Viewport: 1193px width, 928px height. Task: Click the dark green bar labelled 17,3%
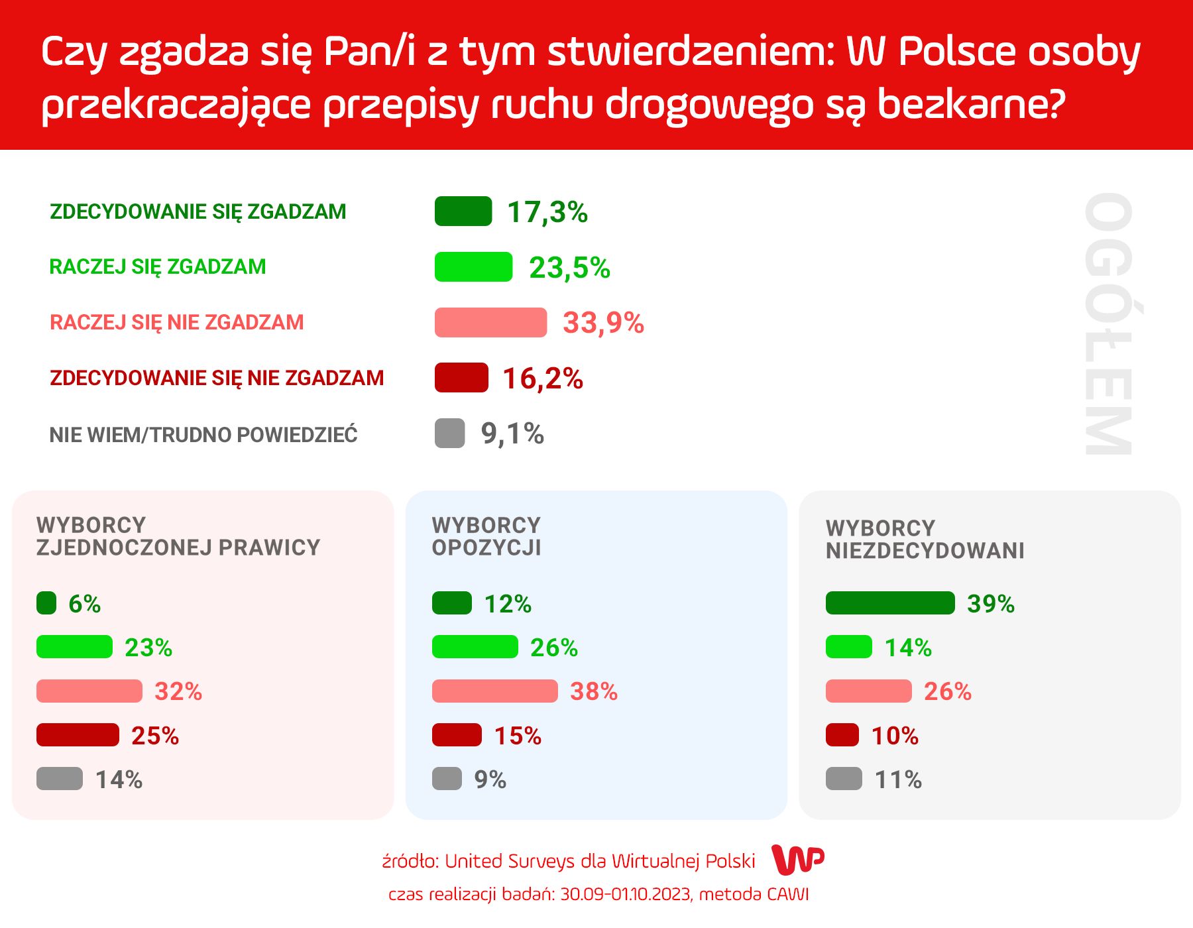(x=463, y=211)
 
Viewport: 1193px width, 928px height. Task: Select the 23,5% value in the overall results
(x=569, y=268)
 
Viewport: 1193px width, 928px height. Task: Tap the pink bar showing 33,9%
(x=490, y=323)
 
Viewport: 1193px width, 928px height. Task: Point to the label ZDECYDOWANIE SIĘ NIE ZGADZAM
(x=217, y=378)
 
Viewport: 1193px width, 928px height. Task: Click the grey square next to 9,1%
(x=449, y=434)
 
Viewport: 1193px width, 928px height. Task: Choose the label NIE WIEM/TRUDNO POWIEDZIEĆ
(x=203, y=435)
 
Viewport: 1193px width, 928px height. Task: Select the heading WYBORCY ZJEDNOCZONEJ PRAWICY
(x=178, y=536)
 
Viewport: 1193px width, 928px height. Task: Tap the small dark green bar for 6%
(x=46, y=603)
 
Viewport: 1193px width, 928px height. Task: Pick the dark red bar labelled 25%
(x=78, y=735)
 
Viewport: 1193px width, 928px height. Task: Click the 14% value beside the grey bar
(x=119, y=780)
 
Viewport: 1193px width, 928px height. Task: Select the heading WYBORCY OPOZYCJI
(x=486, y=536)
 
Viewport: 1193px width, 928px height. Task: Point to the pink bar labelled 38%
(x=494, y=691)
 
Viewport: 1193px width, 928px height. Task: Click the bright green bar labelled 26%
(x=475, y=647)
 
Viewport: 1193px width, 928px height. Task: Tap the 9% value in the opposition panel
(x=490, y=780)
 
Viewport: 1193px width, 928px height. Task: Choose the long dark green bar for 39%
(x=890, y=603)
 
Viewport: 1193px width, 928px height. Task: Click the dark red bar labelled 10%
(x=842, y=735)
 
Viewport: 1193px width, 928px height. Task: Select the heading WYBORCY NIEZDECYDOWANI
(x=925, y=539)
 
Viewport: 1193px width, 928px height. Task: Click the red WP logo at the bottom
(x=798, y=860)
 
